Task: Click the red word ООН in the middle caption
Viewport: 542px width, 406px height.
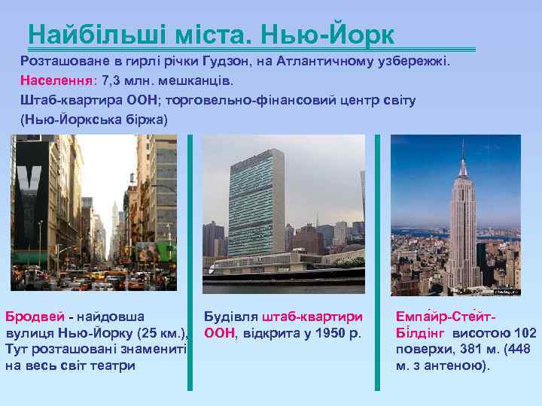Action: coord(218,332)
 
